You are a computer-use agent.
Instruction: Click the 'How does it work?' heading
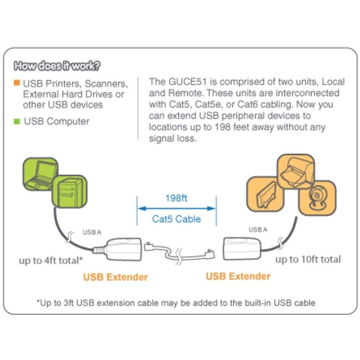[57, 66]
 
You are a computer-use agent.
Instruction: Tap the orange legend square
[17, 83]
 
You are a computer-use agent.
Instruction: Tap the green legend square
[17, 122]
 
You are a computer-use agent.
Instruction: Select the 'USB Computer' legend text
[56, 121]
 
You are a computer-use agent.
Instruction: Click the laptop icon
[40, 174]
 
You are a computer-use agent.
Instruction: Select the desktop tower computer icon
[69, 191]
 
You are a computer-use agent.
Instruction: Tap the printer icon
[296, 171]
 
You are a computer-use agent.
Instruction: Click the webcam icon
[317, 198]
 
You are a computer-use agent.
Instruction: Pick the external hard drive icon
[265, 194]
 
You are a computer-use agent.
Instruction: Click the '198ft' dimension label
[176, 198]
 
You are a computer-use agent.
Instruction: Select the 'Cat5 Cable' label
[176, 219]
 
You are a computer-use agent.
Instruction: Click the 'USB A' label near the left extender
[92, 232]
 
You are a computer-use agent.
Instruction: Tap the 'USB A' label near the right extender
[258, 229]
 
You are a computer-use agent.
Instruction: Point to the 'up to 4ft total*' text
[51, 261]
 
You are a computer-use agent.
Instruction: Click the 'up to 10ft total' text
[308, 259]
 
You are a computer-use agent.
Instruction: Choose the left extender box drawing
[124, 249]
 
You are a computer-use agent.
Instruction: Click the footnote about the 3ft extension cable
[176, 303]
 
